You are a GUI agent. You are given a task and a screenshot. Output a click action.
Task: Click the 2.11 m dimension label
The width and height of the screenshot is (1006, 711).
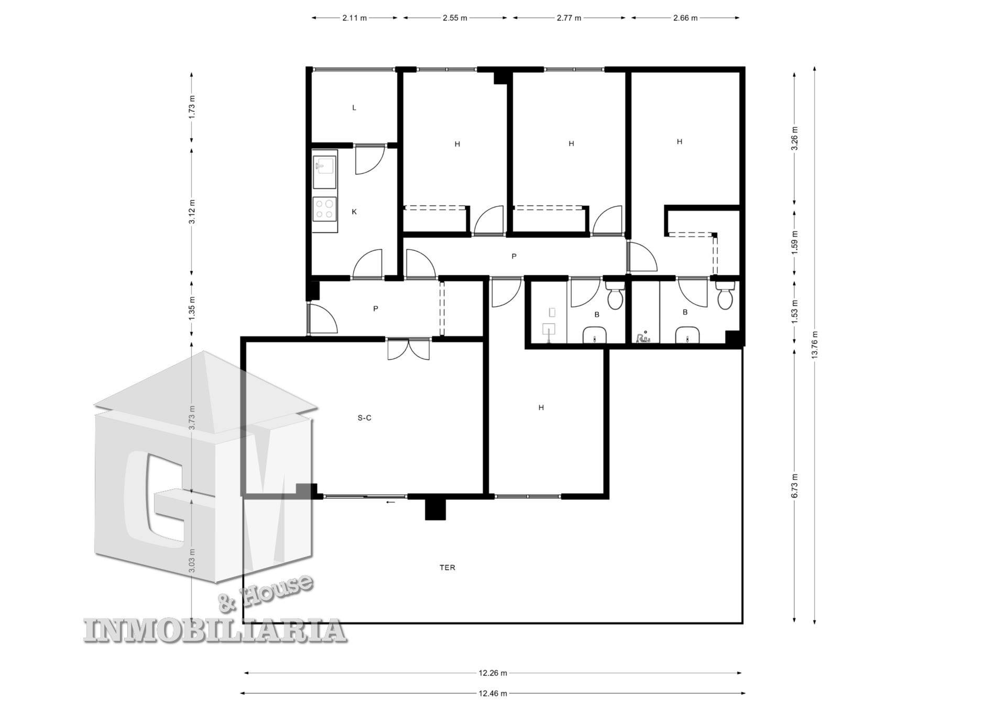pyautogui.click(x=355, y=18)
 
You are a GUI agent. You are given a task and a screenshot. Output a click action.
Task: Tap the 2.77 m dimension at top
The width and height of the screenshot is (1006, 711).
pyautogui.click(x=569, y=18)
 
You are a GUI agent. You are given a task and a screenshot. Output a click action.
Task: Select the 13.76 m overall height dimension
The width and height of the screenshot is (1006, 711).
pyautogui.click(x=814, y=345)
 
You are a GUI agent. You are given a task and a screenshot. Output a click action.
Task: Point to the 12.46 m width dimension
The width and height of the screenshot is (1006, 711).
pyautogui.click(x=493, y=693)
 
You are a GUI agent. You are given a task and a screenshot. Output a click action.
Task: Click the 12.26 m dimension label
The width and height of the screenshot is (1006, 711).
pyautogui.click(x=493, y=673)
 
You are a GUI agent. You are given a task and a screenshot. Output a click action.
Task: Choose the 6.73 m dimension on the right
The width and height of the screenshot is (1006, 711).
pyautogui.click(x=794, y=486)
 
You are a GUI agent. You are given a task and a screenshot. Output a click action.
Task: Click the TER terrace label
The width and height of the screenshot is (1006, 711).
pyautogui.click(x=447, y=568)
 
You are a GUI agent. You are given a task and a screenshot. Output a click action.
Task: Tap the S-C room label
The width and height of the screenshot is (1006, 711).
pyautogui.click(x=365, y=418)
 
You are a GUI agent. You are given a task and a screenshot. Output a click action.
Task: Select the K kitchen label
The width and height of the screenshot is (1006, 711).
pyautogui.click(x=354, y=212)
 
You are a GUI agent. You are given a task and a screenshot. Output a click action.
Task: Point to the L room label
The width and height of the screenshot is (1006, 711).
pyautogui.click(x=354, y=108)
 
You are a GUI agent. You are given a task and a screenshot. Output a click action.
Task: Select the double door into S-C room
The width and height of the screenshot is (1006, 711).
pyautogui.click(x=409, y=349)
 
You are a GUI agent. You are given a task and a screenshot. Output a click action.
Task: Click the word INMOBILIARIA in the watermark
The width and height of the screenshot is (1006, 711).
pyautogui.click(x=215, y=630)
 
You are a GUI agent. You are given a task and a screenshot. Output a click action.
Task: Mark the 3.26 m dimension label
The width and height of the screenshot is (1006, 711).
pyautogui.click(x=794, y=138)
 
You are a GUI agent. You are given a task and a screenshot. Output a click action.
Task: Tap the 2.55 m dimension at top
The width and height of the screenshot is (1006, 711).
pyautogui.click(x=455, y=18)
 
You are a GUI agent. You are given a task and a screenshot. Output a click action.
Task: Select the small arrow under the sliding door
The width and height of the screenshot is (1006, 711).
pyautogui.click(x=390, y=502)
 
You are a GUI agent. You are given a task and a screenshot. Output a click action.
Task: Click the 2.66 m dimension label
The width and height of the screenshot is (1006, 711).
pyautogui.click(x=685, y=18)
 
